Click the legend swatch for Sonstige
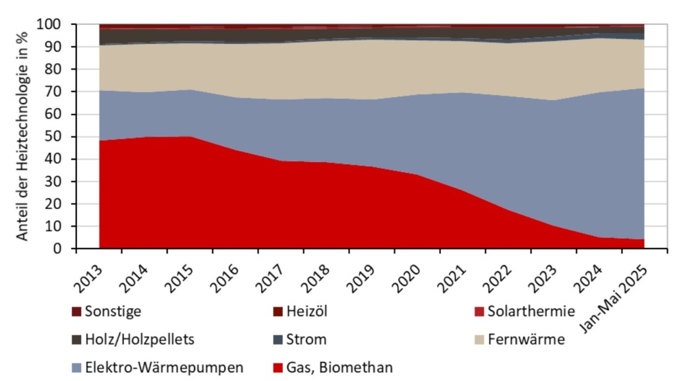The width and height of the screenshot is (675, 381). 76,310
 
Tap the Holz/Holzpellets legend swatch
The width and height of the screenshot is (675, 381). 76,339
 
